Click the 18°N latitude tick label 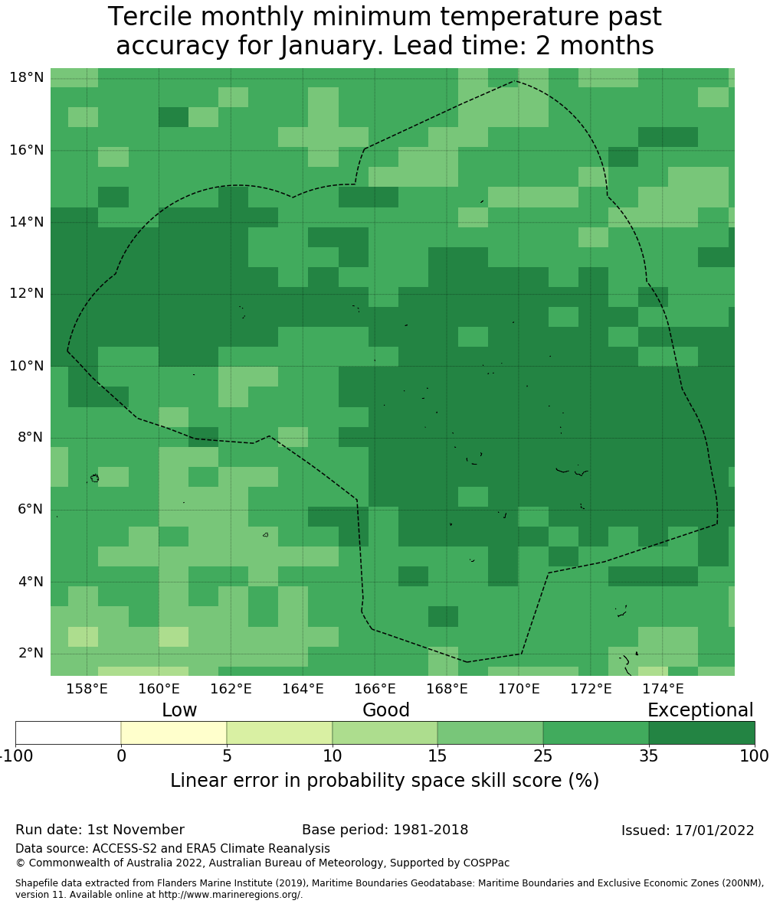[x=26, y=77]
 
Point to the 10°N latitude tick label [x=26, y=365]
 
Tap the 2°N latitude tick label [x=30, y=653]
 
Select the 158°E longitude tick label [x=87, y=689]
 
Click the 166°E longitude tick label [x=375, y=689]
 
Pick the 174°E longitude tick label [x=663, y=689]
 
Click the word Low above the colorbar [x=179, y=710]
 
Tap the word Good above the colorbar [x=386, y=710]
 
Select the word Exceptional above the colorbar [x=700, y=710]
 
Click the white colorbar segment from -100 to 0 [x=68, y=732]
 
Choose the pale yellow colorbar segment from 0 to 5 [x=174, y=732]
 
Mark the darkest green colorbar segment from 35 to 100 [x=702, y=732]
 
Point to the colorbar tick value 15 [x=437, y=757]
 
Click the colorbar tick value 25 [x=542, y=757]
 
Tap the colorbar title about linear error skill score [x=385, y=781]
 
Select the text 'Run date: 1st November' [x=100, y=830]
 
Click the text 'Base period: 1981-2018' [x=385, y=830]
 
